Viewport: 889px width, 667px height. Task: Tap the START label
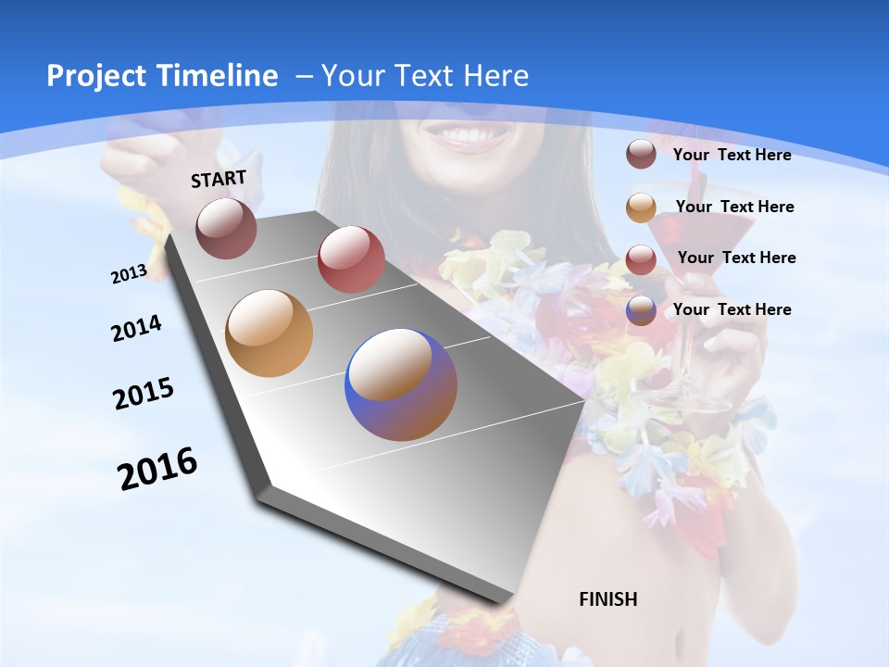pos(219,179)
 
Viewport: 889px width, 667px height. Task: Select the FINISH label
pos(608,599)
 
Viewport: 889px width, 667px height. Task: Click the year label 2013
pos(129,274)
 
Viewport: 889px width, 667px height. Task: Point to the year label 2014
pos(136,328)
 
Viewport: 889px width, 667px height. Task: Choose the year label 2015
pos(144,394)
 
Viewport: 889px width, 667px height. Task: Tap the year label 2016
pos(157,469)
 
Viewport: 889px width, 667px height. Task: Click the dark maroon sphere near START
pos(226,228)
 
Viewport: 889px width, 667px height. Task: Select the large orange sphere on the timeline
pos(269,333)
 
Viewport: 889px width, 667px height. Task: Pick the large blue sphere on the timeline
pos(401,384)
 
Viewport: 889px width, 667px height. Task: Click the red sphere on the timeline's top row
pos(351,259)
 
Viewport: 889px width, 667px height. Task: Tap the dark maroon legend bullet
pos(641,154)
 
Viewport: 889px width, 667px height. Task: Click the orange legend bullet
pos(641,208)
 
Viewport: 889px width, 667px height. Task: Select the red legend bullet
pos(641,259)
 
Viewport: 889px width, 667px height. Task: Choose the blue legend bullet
pos(641,310)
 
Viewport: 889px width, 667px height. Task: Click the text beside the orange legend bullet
pos(734,207)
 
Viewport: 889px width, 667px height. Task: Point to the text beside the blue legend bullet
pos(732,309)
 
